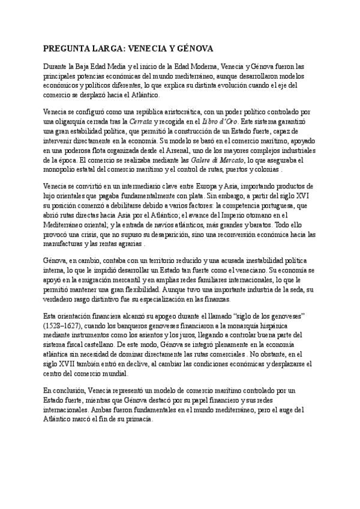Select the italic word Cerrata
click(141, 121)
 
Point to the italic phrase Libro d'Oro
click(220, 121)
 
